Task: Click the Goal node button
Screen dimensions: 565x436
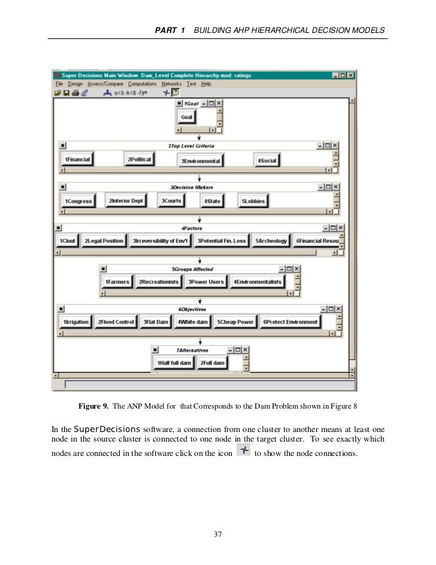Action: (187, 117)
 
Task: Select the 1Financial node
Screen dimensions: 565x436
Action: (77, 159)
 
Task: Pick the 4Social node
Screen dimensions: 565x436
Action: (267, 161)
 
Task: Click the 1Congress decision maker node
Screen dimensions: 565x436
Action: (79, 201)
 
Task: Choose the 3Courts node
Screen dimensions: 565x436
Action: (172, 201)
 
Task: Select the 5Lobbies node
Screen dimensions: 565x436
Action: (253, 201)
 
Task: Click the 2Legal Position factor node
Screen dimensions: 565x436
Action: (104, 241)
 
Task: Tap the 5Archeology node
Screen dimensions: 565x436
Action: (271, 241)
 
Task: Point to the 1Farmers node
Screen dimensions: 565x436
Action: (117, 282)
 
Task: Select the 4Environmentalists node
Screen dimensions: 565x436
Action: (257, 282)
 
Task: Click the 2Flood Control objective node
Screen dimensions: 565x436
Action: (116, 322)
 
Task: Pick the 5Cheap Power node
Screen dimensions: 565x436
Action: (235, 322)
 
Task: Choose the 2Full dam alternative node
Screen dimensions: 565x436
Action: (212, 363)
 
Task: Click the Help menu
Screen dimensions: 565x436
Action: (206, 84)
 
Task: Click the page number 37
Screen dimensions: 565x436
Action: (218, 534)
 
